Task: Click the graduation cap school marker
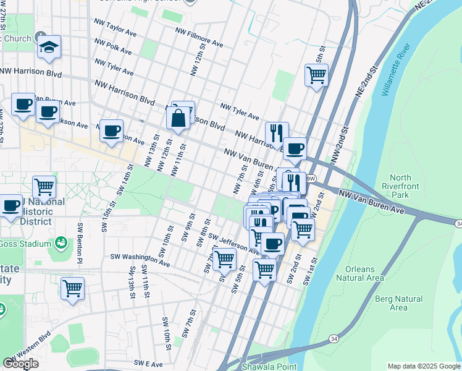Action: (x=49, y=48)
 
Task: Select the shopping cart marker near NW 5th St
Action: (x=316, y=75)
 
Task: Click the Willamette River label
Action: (x=396, y=71)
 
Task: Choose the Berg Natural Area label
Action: (x=398, y=303)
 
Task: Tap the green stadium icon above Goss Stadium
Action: (x=61, y=241)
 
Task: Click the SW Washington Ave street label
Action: (x=140, y=259)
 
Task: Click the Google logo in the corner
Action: (x=20, y=364)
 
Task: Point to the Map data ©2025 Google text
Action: (x=423, y=366)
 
